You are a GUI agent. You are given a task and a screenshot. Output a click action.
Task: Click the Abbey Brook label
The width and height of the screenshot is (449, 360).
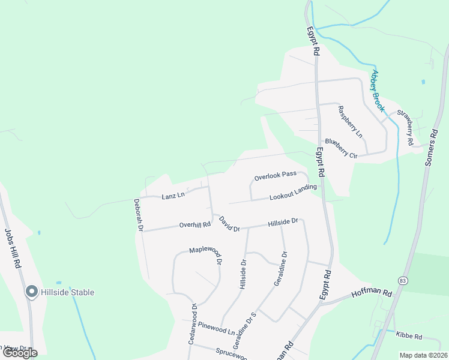tap(378, 91)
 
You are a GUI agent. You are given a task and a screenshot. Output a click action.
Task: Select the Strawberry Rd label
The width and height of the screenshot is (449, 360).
tap(406, 128)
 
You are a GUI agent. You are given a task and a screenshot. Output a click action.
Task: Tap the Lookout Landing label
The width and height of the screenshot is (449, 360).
tap(292, 193)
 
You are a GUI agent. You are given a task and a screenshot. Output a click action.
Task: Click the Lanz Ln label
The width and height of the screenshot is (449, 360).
tap(173, 196)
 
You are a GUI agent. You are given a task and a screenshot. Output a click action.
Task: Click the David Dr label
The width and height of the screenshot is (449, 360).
tap(229, 224)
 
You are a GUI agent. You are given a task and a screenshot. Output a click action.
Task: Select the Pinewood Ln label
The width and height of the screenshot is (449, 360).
tap(217, 329)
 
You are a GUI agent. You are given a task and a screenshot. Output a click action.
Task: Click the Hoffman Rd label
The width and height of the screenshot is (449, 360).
tap(372, 295)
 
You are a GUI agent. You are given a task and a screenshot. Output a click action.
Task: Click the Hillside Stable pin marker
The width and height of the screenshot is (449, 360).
tap(32, 292)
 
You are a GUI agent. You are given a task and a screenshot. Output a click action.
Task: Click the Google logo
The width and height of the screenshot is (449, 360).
tap(20, 353)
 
